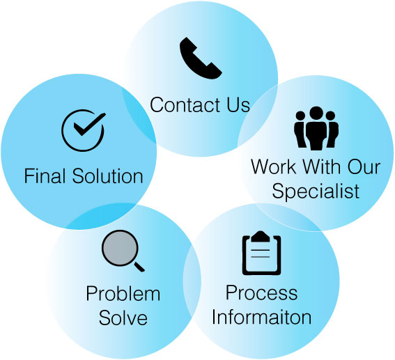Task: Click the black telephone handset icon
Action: click(199, 60)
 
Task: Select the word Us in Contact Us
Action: click(238, 104)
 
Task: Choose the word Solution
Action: click(108, 175)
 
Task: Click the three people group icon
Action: click(316, 128)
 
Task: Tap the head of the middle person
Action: click(316, 114)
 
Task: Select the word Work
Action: click(274, 166)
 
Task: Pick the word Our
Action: click(364, 166)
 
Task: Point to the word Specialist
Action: click(316, 191)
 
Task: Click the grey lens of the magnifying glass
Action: click(120, 248)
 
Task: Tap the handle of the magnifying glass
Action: click(139, 267)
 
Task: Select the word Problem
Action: click(123, 294)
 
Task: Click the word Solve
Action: click(123, 318)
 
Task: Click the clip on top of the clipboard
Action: click(261, 236)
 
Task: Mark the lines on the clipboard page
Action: click(261, 253)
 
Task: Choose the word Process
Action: click(261, 292)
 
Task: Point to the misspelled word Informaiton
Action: click(261, 317)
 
